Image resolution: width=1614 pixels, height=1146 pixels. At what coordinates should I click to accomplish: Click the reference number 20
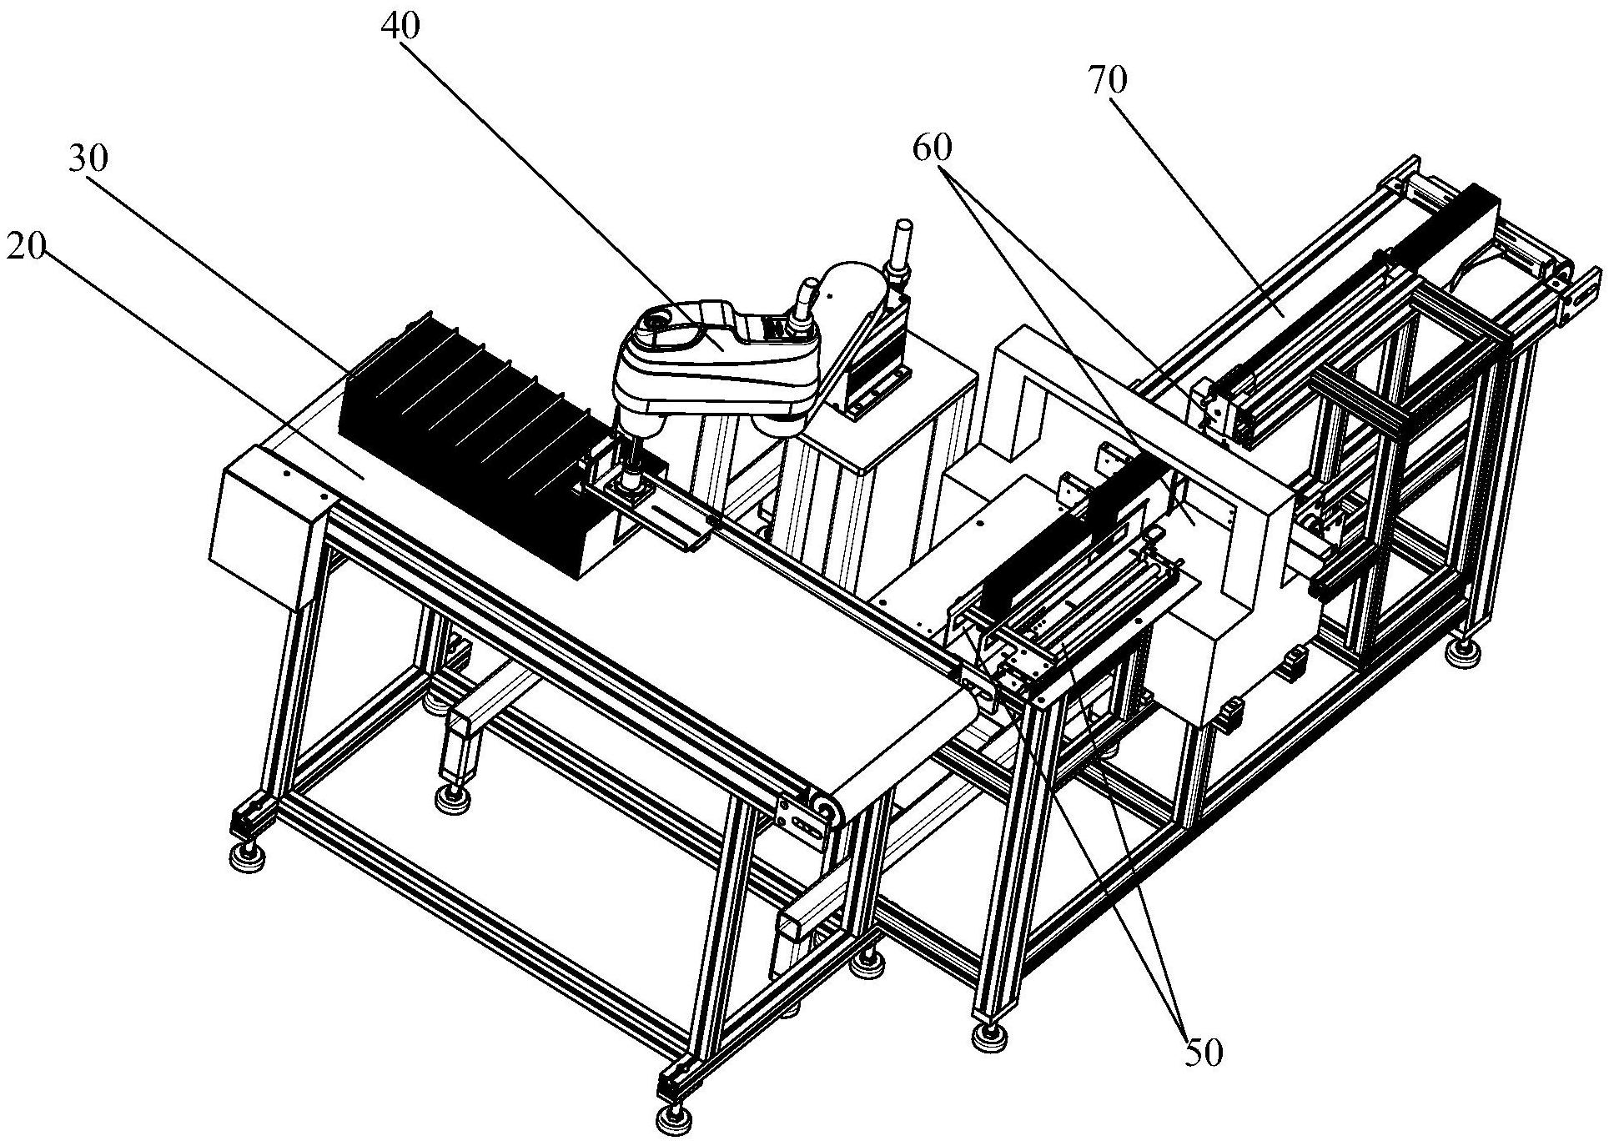27,248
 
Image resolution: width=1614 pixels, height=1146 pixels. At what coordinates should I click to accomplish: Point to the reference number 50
1202,1052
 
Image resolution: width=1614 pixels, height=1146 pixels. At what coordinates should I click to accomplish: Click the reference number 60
932,148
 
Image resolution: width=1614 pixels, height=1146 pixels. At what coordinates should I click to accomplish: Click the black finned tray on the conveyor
467,442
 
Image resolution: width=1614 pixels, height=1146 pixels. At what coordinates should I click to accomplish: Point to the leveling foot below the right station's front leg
989,1034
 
